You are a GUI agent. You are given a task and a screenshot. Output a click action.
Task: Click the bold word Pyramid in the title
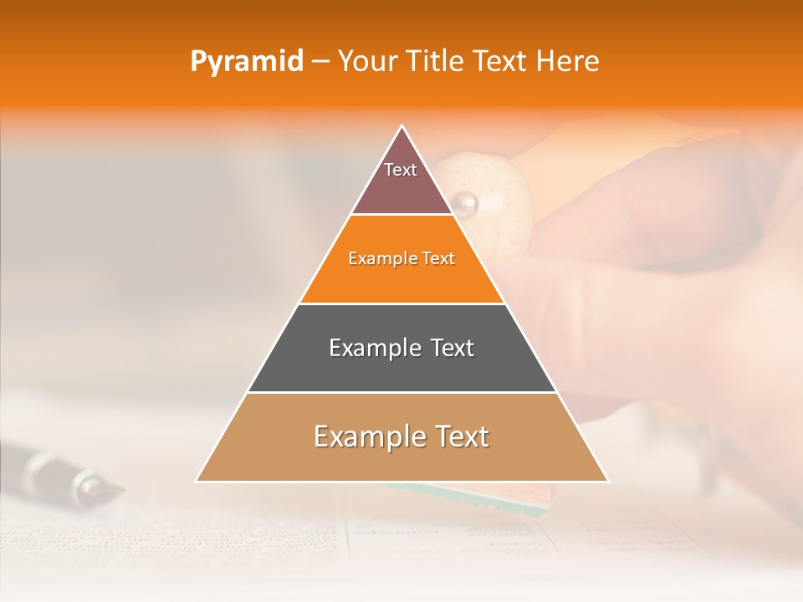coord(246,62)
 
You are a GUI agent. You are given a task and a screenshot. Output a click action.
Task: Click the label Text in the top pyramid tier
coord(401,170)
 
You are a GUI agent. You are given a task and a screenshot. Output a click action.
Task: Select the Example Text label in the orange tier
coord(401,258)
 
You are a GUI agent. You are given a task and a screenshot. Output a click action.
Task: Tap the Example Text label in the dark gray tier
coord(401,348)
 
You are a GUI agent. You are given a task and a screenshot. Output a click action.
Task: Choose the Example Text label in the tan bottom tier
coord(401,436)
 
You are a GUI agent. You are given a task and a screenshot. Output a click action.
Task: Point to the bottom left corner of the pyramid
coord(197,481)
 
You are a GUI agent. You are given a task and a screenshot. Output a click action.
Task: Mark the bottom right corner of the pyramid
coord(607,481)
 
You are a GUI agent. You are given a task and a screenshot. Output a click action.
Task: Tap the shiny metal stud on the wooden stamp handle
coord(464,202)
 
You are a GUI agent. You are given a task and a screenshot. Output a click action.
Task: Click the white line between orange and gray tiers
coord(401,304)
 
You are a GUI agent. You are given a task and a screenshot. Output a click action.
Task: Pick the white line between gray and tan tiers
coord(401,392)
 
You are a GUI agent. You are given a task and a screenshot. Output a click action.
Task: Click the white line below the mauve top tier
coord(401,215)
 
